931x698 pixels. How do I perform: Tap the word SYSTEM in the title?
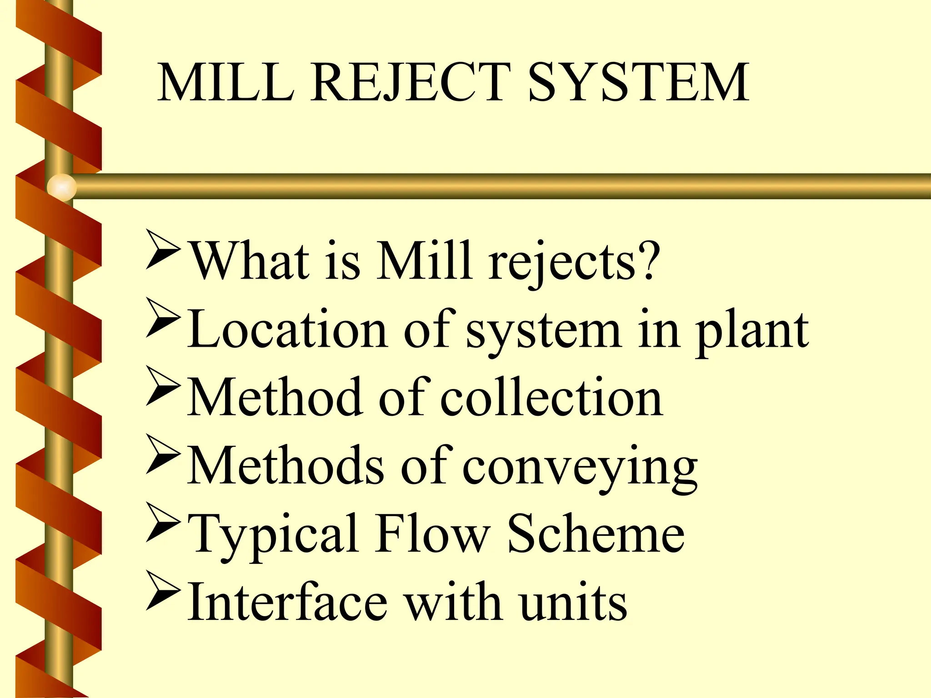[x=638, y=82]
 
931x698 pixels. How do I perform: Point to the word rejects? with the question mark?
[x=574, y=261]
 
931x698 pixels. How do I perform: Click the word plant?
[x=752, y=332]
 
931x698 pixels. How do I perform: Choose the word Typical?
[x=272, y=534]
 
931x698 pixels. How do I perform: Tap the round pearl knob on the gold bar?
[x=62, y=187]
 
